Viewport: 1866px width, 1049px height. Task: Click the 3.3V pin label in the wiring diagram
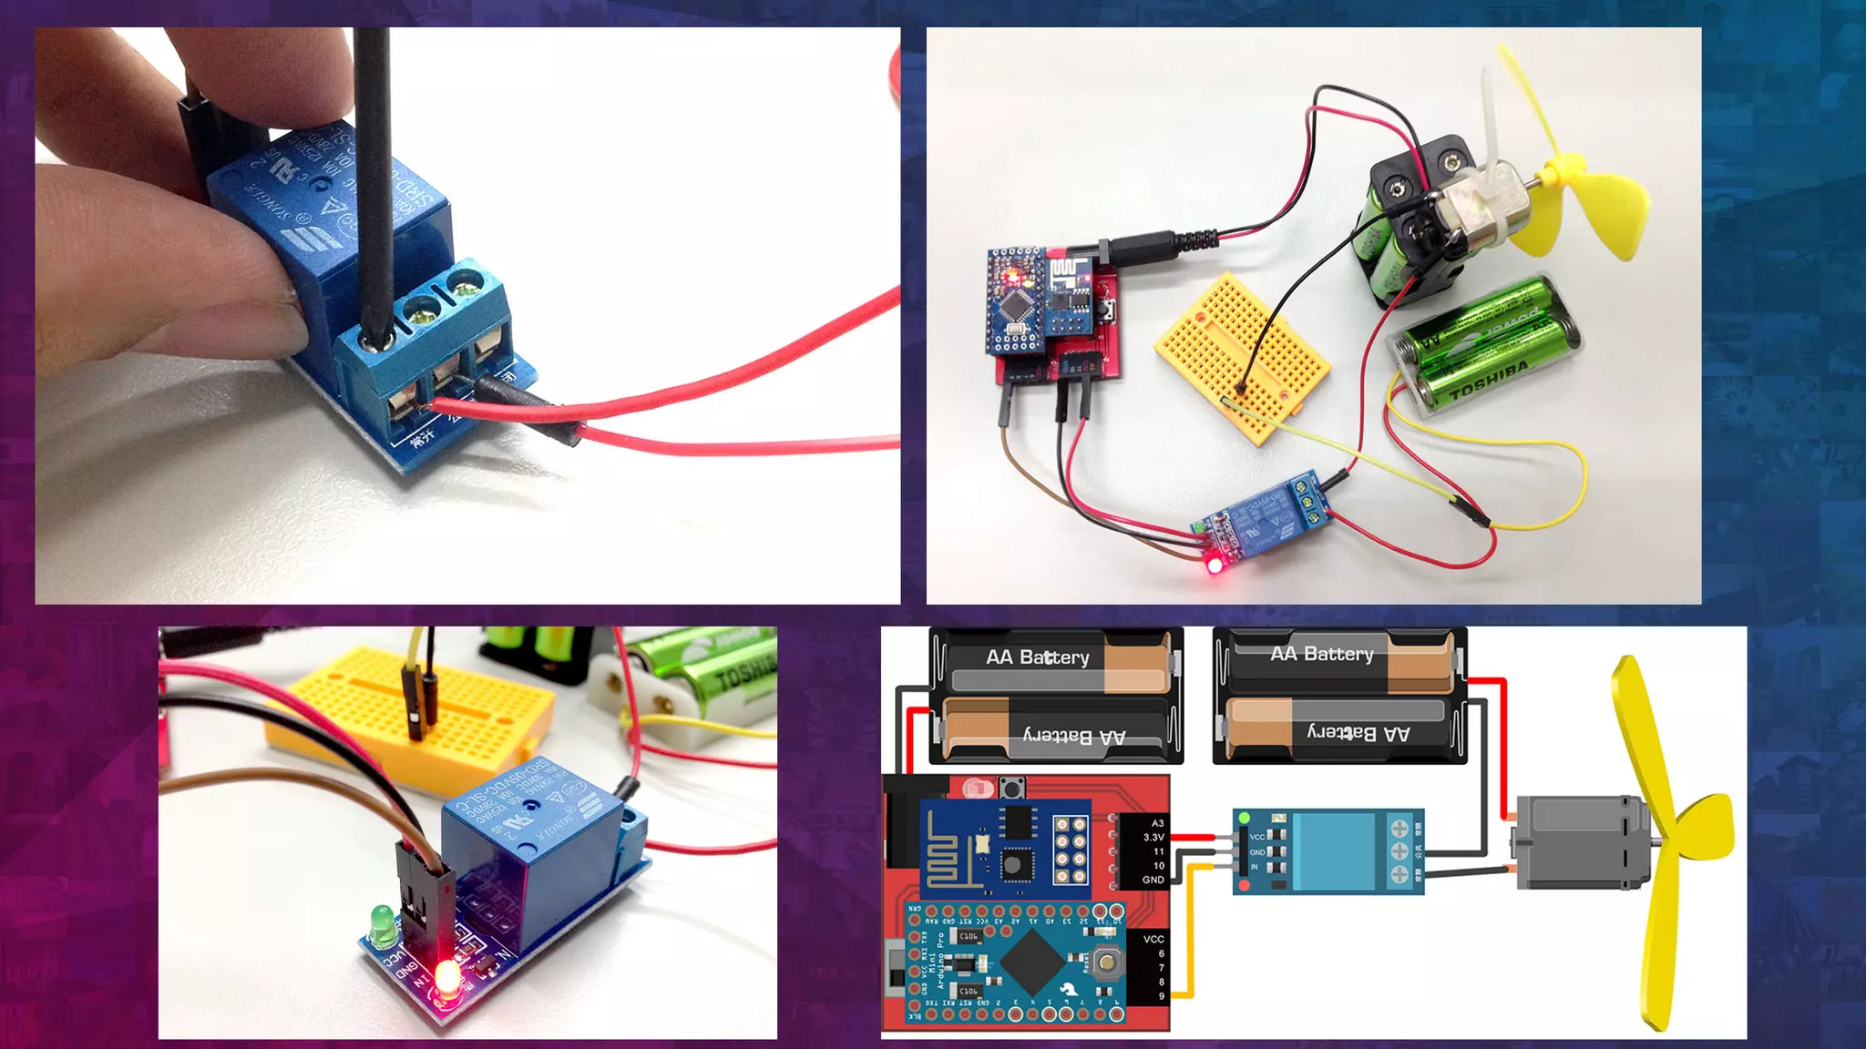[x=1153, y=837]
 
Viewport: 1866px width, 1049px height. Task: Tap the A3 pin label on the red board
[x=1157, y=823]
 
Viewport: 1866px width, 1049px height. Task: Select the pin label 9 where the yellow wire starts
[x=1161, y=996]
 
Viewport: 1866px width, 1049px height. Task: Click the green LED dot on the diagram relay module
[x=1245, y=819]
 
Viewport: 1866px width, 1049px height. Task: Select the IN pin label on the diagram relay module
[x=1255, y=867]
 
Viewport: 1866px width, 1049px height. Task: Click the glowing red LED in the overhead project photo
[x=1215, y=565]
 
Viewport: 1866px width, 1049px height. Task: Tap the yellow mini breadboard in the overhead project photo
[x=1243, y=355]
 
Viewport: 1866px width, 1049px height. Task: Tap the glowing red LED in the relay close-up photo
[x=446, y=980]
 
